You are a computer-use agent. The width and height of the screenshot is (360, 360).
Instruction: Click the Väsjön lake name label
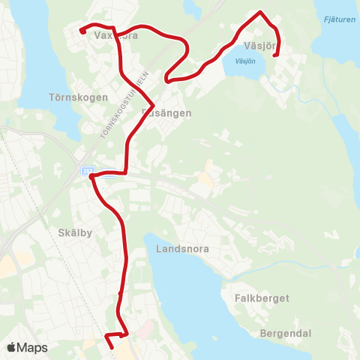coord(245,61)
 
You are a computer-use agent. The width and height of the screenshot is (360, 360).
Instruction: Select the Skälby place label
coord(74,232)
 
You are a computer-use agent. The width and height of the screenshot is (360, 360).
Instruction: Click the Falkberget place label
coord(262,298)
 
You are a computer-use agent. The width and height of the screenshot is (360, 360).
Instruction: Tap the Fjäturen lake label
coord(337,20)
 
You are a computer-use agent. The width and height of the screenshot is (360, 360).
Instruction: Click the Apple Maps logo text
coord(32,348)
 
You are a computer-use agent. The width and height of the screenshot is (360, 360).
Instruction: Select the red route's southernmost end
coord(112,347)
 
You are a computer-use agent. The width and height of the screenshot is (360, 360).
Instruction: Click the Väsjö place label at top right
coord(259,46)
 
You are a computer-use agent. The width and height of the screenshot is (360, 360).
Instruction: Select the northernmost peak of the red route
coord(260,12)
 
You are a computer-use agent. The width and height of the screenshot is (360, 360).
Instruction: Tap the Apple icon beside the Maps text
coord(11,347)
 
